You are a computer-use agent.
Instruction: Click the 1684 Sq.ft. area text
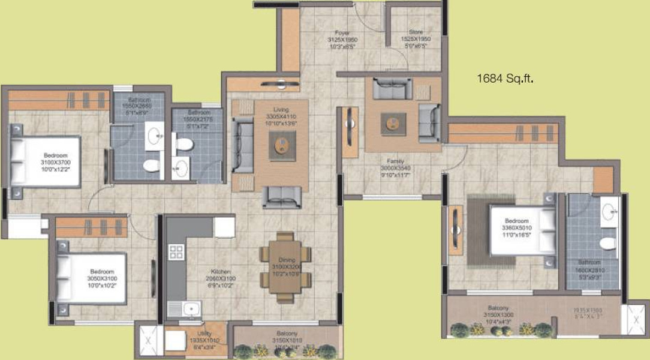tap(505, 78)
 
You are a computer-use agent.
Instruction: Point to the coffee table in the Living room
tap(282, 145)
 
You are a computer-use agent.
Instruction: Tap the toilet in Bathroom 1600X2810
tap(607, 243)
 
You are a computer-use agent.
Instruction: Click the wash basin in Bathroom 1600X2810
tap(610, 210)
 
